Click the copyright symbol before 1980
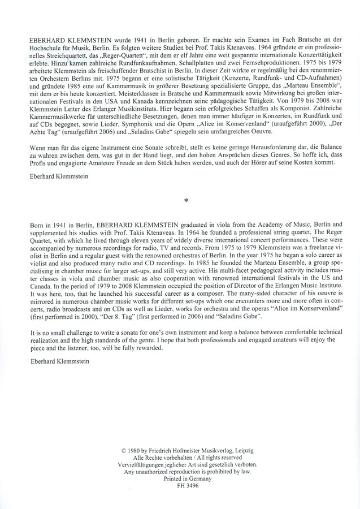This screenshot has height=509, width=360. pyautogui.click(x=124, y=450)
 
